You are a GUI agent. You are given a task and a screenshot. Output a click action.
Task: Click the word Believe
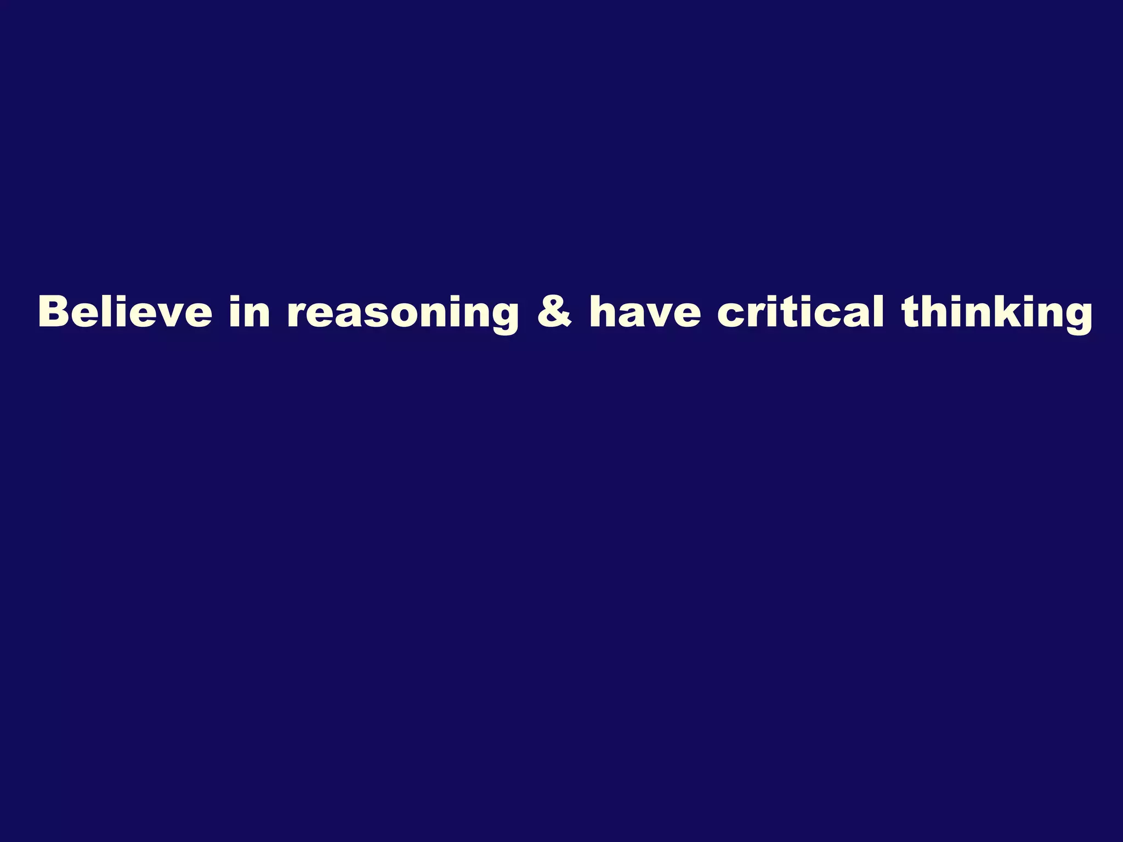(125, 312)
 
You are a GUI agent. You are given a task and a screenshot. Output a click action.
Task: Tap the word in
(250, 312)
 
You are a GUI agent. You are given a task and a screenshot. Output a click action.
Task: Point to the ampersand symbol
(554, 312)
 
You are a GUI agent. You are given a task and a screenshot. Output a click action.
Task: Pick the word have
(645, 312)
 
